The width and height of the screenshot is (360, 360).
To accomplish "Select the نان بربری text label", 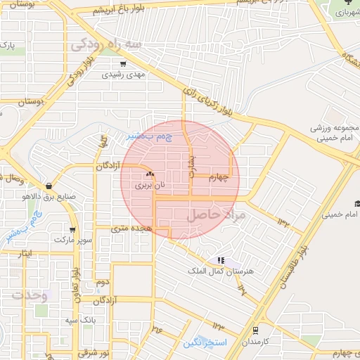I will (150, 185).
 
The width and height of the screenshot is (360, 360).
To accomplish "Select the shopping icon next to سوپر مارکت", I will (72, 230).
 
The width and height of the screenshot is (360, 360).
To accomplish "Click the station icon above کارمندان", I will (255, 329).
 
